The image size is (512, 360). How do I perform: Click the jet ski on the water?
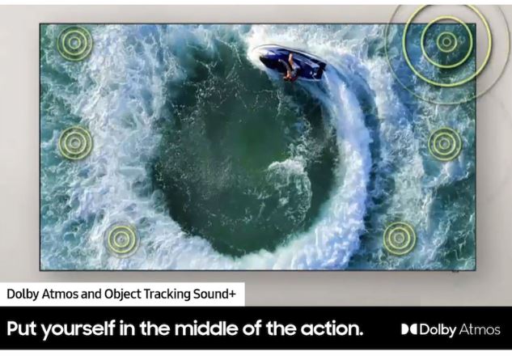tap(292, 65)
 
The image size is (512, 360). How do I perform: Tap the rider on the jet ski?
tap(290, 68)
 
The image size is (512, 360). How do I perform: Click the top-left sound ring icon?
tap(74, 43)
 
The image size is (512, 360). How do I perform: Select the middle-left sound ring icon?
tap(75, 142)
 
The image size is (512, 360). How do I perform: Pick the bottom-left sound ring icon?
tap(121, 239)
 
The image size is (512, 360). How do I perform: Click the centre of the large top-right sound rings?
tap(446, 42)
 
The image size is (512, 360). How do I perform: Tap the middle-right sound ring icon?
tap(444, 143)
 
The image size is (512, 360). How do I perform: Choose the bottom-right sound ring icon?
tap(399, 238)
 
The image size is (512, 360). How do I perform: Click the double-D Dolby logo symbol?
tap(409, 329)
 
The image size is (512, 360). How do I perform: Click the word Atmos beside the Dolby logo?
tap(480, 329)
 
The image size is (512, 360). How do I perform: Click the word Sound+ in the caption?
tap(214, 294)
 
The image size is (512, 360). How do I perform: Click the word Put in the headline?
tap(22, 328)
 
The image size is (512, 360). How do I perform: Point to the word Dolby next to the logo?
tap(438, 329)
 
